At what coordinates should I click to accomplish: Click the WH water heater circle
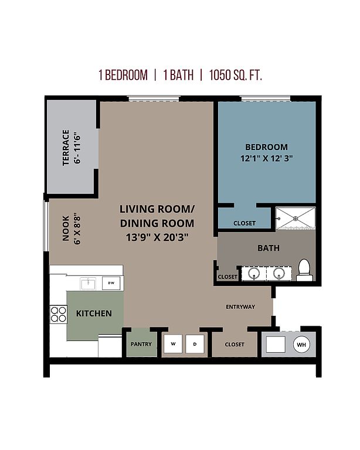tap(301, 345)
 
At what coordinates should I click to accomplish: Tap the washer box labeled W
tap(173, 343)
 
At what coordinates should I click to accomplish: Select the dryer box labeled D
tap(195, 344)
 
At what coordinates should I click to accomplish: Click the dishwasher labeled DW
tap(111, 283)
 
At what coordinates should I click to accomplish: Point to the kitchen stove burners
tap(58, 314)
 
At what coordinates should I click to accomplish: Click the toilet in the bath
tap(304, 270)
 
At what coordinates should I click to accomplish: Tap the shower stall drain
tap(296, 219)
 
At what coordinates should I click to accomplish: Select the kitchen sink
tap(88, 284)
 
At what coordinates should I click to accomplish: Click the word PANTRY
tap(141, 344)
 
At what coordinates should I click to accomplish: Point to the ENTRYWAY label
tap(240, 307)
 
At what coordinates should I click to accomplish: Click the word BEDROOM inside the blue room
tap(266, 147)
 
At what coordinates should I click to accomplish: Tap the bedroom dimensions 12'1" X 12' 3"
tap(266, 158)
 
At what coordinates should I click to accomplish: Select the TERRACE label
tap(66, 148)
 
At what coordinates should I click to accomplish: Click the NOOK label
tap(66, 229)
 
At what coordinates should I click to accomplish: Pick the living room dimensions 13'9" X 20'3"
tap(157, 237)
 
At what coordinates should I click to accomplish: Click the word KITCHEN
tap(94, 313)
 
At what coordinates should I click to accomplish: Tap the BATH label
tap(269, 248)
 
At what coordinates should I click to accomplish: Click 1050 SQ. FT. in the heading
tap(235, 75)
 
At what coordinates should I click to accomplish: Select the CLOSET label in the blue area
tap(244, 223)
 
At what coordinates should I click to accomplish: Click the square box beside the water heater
tap(276, 345)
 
